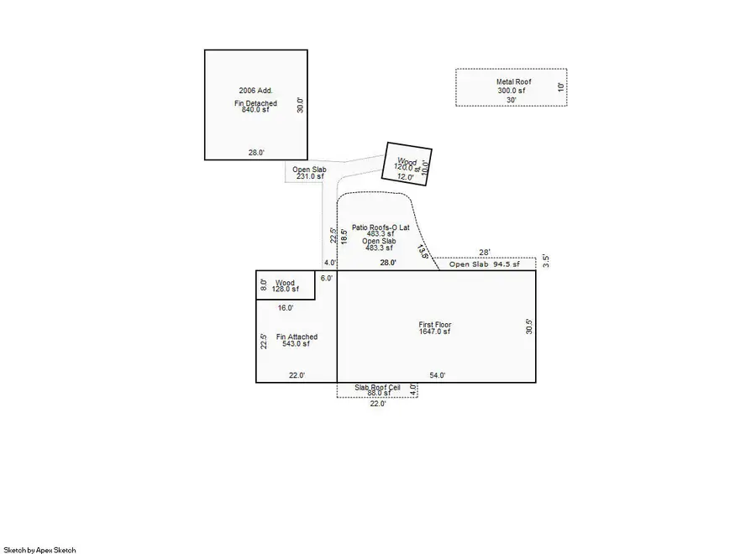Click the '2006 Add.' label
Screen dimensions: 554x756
tap(256, 90)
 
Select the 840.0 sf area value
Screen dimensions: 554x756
tap(256, 110)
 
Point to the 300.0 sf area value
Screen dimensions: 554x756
tap(511, 91)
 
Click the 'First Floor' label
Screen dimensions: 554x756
tap(435, 324)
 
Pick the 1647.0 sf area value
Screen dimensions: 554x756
tap(435, 332)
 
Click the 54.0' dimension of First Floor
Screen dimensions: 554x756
tap(438, 375)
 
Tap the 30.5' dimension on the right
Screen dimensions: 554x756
tap(529, 326)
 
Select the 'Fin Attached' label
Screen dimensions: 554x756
tap(297, 337)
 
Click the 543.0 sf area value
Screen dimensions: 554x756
tap(297, 344)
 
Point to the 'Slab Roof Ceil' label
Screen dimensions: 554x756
tap(377, 387)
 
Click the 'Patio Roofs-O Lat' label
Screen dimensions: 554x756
tap(381, 227)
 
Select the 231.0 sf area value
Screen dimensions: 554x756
tap(308, 176)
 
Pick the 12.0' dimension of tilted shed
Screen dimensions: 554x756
tap(406, 177)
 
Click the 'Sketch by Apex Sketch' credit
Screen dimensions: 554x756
tap(39, 550)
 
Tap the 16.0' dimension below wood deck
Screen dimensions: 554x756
tap(286, 308)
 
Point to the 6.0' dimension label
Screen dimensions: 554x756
tap(326, 278)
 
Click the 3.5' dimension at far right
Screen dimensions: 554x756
tap(545, 260)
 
